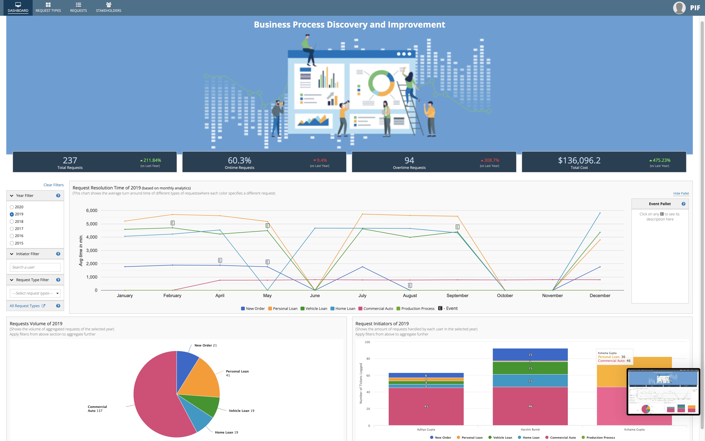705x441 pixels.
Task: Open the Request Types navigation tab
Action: (48, 8)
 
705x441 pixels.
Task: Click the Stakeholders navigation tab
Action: (108, 8)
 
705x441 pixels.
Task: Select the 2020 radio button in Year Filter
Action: (12, 207)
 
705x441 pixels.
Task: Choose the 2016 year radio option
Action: (12, 236)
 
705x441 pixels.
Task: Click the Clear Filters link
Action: (53, 185)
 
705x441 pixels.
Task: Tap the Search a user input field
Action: (35, 267)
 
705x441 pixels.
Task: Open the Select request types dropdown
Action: (35, 293)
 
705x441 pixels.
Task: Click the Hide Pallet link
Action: (681, 193)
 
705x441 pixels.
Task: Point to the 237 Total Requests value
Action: (70, 160)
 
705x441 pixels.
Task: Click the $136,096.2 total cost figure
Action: (579, 160)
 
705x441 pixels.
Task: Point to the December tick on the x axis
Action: (600, 296)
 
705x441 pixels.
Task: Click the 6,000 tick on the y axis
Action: (91, 211)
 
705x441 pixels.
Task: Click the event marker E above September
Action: (457, 227)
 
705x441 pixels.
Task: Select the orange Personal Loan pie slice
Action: (201, 378)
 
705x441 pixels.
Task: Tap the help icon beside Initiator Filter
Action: (58, 254)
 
